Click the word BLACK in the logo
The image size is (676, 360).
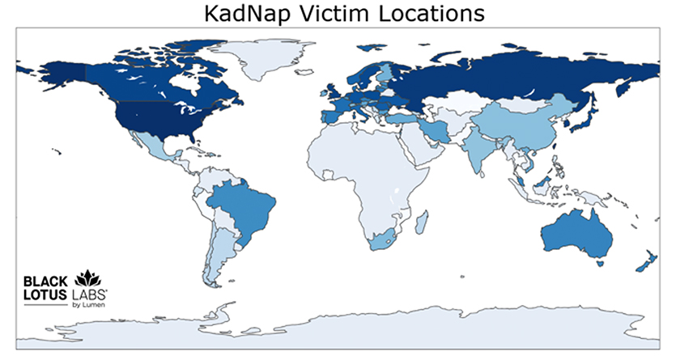coord(45,282)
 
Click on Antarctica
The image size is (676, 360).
coord(340,328)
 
